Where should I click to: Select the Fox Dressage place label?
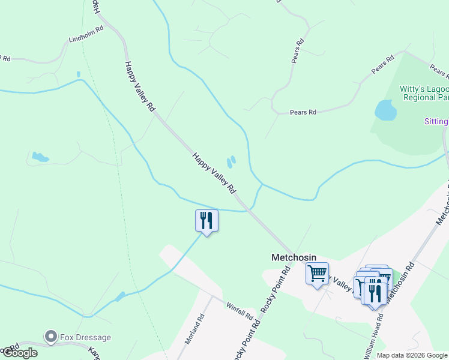(x=85, y=337)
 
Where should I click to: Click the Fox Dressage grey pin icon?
(x=52, y=337)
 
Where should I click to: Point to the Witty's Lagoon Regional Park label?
(x=424, y=93)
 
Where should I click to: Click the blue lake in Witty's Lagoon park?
(x=385, y=110)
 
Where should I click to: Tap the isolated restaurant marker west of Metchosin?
(x=206, y=220)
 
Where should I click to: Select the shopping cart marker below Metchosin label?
(x=317, y=274)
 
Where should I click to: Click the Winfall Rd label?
(x=240, y=310)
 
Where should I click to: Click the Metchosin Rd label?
(x=399, y=281)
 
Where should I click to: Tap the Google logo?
(x=20, y=353)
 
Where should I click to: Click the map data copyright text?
(x=412, y=355)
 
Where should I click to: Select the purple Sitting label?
(x=436, y=122)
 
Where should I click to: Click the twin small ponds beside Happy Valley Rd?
(x=231, y=162)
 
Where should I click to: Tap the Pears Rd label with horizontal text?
(x=303, y=112)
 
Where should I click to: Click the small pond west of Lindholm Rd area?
(x=40, y=158)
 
